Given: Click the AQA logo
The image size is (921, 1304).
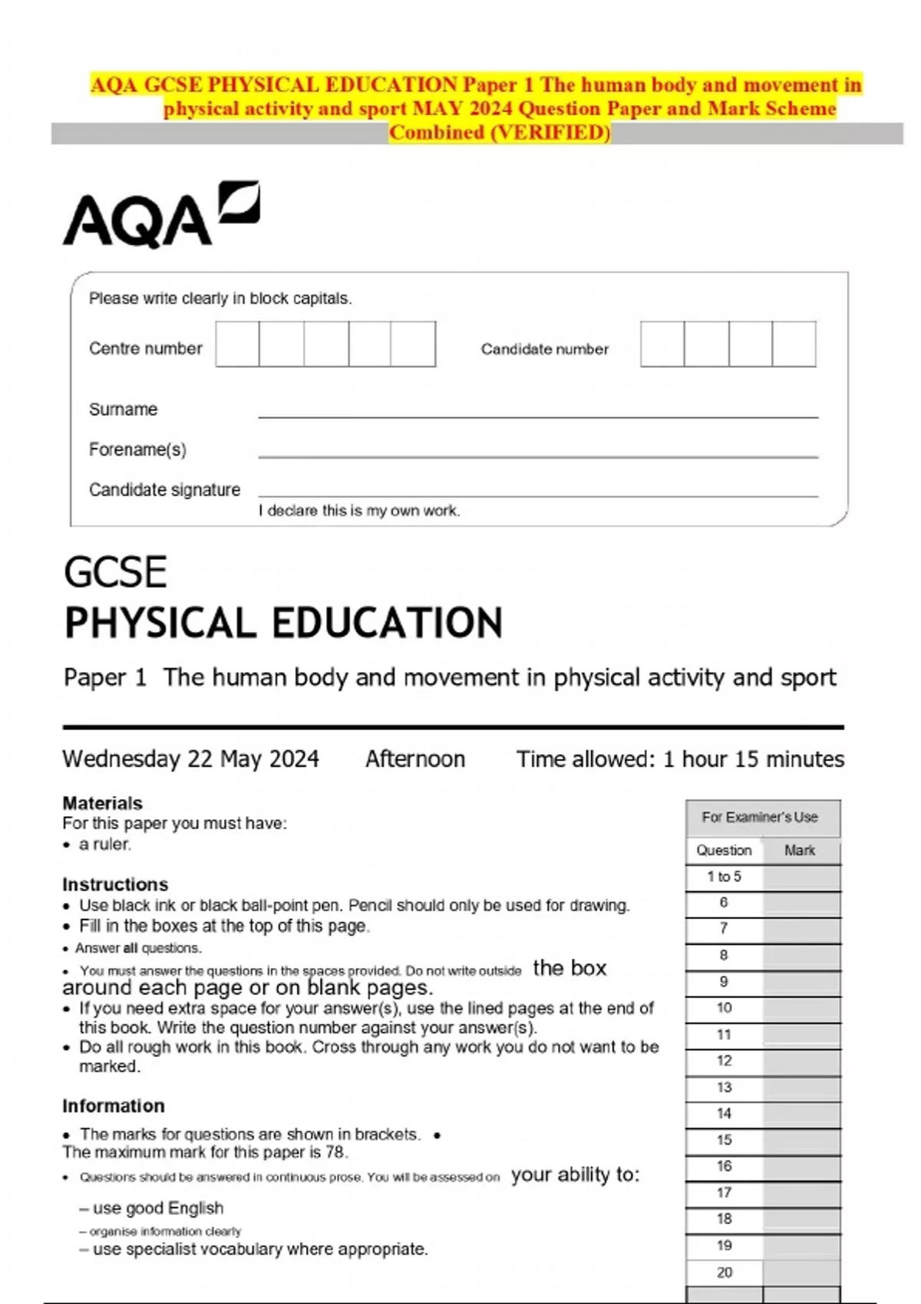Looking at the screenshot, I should pyautogui.click(x=160, y=216).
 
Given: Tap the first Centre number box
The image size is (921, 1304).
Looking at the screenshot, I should pyautogui.click(x=237, y=344).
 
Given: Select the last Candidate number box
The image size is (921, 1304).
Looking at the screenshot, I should pyautogui.click(x=794, y=344).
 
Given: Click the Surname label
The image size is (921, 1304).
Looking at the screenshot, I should pyautogui.click(x=123, y=410).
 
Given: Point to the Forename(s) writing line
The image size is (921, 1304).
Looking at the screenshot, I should pyautogui.click(x=537, y=456).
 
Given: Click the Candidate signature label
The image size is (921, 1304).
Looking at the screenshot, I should pyautogui.click(x=164, y=489).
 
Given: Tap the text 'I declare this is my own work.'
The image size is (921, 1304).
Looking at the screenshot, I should pyautogui.click(x=359, y=511).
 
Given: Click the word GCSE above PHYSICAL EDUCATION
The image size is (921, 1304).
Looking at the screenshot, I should pyautogui.click(x=115, y=573).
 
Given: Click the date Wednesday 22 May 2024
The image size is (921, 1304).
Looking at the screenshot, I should pyautogui.click(x=190, y=759).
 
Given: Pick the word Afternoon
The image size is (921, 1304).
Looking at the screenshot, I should pyautogui.click(x=415, y=759).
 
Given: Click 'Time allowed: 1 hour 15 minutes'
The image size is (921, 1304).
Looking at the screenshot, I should pyautogui.click(x=680, y=759).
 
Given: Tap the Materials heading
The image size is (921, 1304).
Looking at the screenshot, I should pyautogui.click(x=102, y=803).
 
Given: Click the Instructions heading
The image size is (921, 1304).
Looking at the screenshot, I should pyautogui.click(x=115, y=884).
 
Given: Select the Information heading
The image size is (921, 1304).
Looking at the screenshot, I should pyautogui.click(x=114, y=1106).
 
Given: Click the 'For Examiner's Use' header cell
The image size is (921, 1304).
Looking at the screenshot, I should pyautogui.click(x=760, y=818).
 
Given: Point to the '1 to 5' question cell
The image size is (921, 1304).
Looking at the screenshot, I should pyautogui.click(x=724, y=877).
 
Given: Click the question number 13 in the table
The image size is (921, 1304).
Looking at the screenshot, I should pyautogui.click(x=724, y=1088).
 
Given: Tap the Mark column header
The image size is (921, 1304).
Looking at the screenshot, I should pyautogui.click(x=800, y=851).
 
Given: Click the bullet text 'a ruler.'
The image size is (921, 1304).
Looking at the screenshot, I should pyautogui.click(x=105, y=845).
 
